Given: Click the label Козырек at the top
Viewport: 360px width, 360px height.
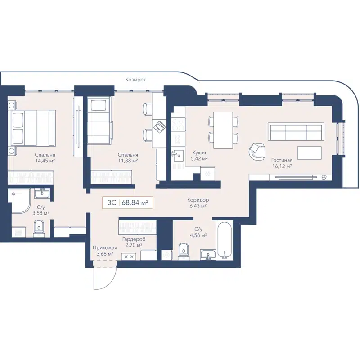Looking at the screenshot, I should pyautogui.click(x=136, y=79).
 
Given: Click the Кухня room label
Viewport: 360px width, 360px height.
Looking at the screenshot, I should pyautogui.click(x=198, y=153).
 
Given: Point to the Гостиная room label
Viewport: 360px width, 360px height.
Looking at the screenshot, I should pyautogui.click(x=282, y=160).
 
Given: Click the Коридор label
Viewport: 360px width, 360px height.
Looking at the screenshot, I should pyautogui.click(x=198, y=200).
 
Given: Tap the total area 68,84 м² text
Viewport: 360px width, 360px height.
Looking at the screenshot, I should pyautogui.click(x=135, y=203).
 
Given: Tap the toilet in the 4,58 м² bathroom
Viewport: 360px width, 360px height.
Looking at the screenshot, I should pyautogui.click(x=184, y=249).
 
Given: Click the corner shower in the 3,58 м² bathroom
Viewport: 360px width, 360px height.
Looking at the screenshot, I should pyautogui.click(x=19, y=201).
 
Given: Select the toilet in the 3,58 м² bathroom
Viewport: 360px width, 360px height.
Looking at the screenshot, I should pyautogui.click(x=40, y=226).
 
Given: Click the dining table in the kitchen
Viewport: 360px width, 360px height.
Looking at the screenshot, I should pyautogui.click(x=223, y=130).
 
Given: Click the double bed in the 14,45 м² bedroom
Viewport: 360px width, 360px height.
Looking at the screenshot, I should pyautogui.click(x=31, y=128).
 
